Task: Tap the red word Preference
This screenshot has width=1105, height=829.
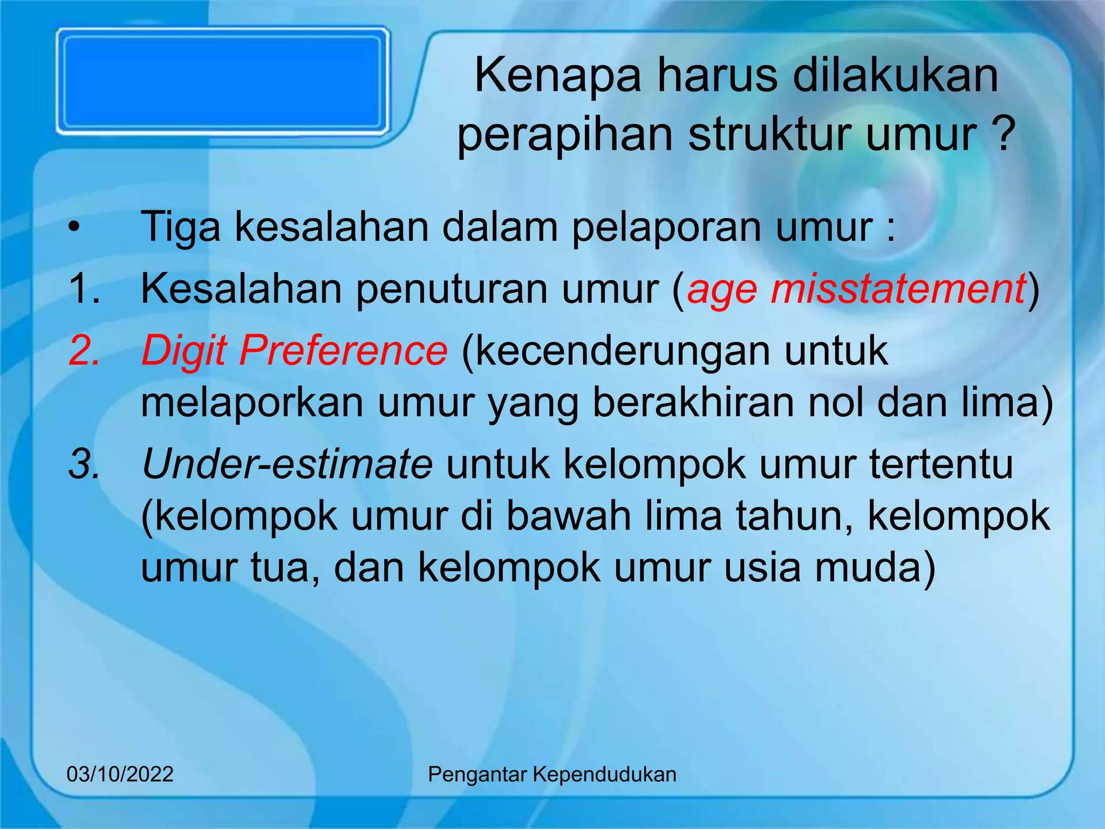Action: point(343,351)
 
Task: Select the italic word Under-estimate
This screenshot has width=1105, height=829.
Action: point(287,464)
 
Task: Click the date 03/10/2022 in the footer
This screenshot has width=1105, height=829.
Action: point(120,774)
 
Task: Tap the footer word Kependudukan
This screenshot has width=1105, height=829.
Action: point(604,774)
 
